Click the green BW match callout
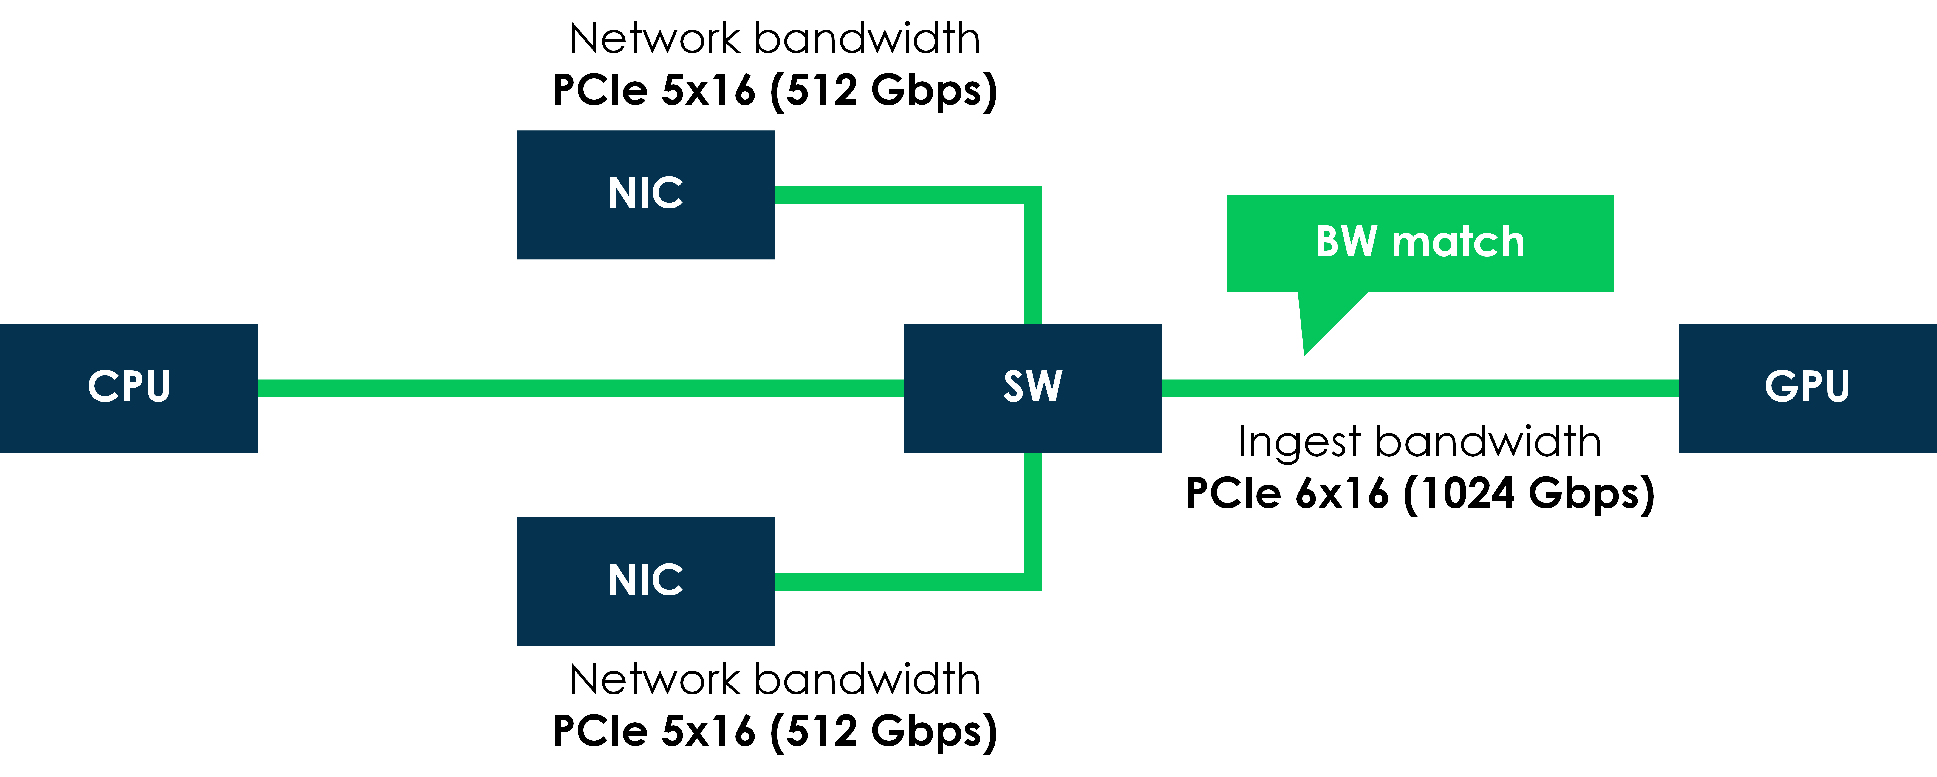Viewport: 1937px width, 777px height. tap(1420, 243)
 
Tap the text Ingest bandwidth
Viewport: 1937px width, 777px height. tap(1420, 442)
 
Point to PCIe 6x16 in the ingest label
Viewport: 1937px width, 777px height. tap(1287, 494)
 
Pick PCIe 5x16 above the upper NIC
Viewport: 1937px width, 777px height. tap(653, 90)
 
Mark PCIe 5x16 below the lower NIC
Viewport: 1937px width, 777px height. tap(653, 731)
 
